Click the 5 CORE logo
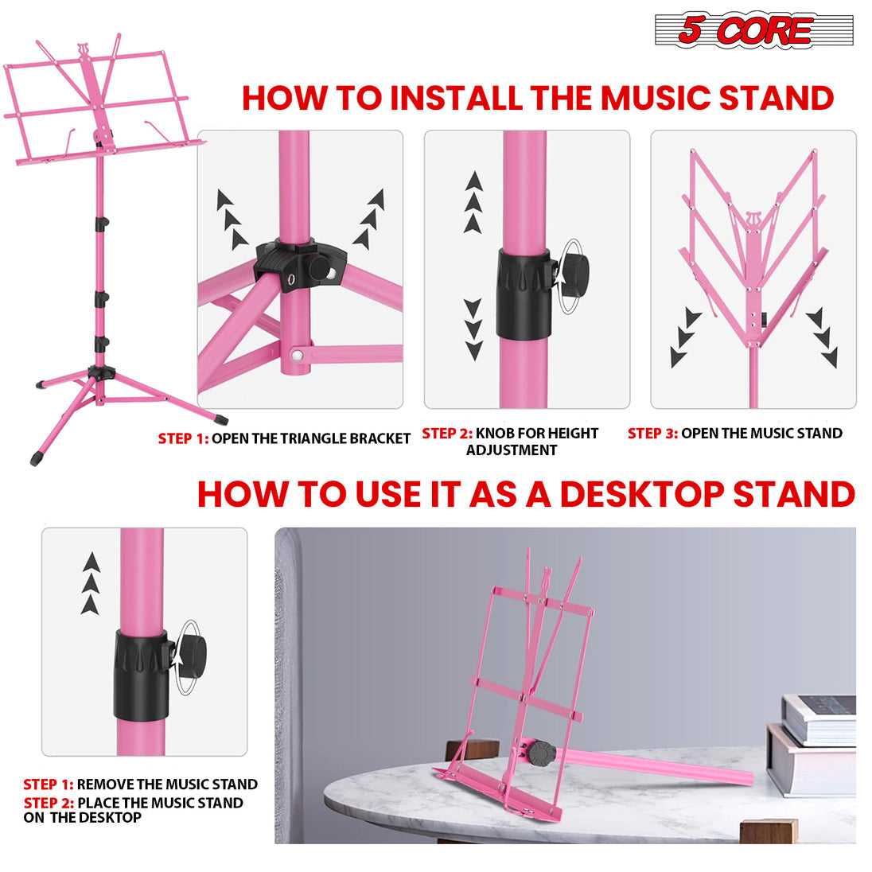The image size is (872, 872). (x=753, y=31)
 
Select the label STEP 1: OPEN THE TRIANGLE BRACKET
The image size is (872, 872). (x=284, y=438)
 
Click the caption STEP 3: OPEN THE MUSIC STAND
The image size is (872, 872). (x=734, y=434)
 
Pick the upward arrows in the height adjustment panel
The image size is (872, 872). (x=473, y=202)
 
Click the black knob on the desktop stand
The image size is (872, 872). (x=543, y=752)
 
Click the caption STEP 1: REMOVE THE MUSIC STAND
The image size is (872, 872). (x=140, y=784)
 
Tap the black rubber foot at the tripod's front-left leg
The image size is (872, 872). (x=36, y=458)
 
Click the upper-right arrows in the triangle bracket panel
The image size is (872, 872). (x=369, y=219)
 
